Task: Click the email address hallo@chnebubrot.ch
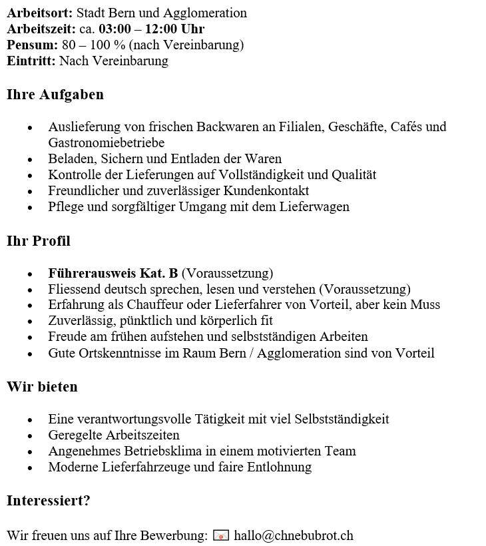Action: click(x=293, y=535)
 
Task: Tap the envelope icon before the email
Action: click(x=221, y=535)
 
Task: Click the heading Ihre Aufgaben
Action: click(x=55, y=95)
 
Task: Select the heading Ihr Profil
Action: click(x=39, y=241)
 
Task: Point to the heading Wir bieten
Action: click(x=42, y=387)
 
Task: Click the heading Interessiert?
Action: click(x=48, y=501)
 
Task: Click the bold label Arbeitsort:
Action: click(x=40, y=13)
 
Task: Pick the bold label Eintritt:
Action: click(x=31, y=61)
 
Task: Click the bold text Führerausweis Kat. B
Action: click(x=113, y=273)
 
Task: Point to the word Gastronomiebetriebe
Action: click(x=107, y=142)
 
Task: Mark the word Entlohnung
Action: click(x=276, y=467)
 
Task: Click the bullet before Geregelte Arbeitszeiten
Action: click(x=30, y=435)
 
